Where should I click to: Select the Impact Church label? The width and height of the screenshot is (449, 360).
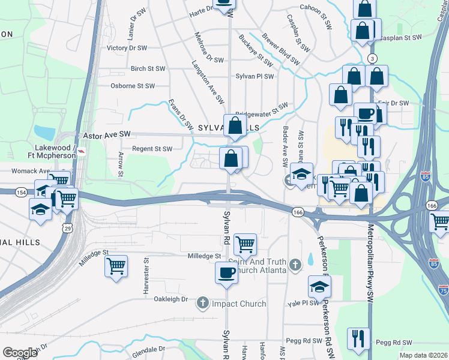[239, 304]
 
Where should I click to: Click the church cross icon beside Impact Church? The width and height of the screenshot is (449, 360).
[203, 304]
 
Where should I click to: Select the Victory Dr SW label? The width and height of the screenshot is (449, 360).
[127, 48]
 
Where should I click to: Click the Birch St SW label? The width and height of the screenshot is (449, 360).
[148, 69]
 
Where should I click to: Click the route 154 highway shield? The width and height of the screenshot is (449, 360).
[22, 192]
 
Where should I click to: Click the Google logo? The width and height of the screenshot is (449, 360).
[20, 353]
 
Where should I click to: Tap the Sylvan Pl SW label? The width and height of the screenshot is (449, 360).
[255, 76]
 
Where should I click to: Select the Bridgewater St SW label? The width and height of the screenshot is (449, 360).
[262, 110]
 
